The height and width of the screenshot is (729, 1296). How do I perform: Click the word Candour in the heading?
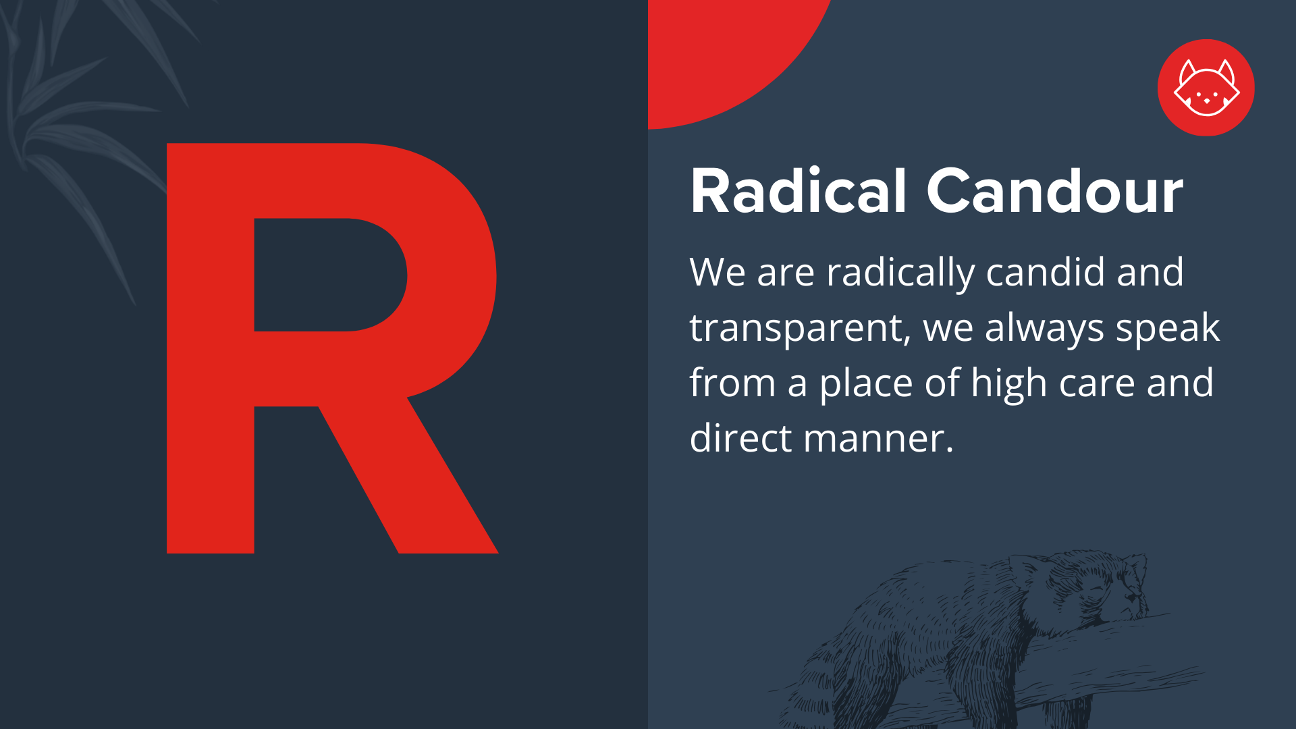(x=1054, y=192)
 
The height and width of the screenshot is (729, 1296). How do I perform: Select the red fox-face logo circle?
(x=1206, y=88)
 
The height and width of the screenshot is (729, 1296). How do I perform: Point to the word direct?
(x=740, y=439)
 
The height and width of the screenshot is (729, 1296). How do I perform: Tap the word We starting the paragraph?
(x=717, y=273)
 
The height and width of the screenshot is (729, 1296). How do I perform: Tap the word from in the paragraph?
(x=732, y=383)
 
